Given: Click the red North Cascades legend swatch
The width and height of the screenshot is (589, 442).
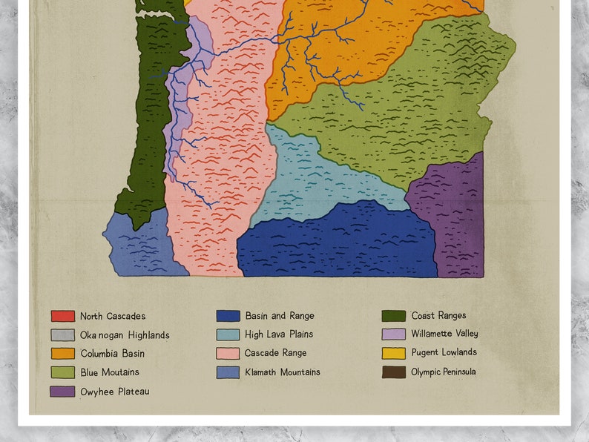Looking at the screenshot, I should [62, 316].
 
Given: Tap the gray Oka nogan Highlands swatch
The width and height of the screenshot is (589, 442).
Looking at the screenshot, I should [62, 335].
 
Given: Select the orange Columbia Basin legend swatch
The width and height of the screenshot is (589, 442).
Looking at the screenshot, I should [62, 354].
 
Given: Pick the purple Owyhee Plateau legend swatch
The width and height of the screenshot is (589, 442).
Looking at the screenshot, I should [62, 391].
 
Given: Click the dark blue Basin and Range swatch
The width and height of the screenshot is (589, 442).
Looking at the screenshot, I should [228, 316].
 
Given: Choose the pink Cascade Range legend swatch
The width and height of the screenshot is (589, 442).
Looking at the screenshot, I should [228, 354].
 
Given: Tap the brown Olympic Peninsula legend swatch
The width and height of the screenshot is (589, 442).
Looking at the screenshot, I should [393, 372].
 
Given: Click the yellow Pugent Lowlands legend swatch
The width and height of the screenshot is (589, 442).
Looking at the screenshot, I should [393, 353].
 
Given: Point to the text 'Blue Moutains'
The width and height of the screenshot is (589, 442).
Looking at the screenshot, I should [110, 372].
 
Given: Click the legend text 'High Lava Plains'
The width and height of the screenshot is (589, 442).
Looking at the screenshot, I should [279, 334].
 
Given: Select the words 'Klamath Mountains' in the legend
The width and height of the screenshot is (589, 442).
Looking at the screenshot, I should [282, 372].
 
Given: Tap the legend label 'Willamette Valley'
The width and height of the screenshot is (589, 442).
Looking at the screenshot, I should [444, 334].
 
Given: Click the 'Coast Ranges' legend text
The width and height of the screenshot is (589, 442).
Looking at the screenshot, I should [438, 315].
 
